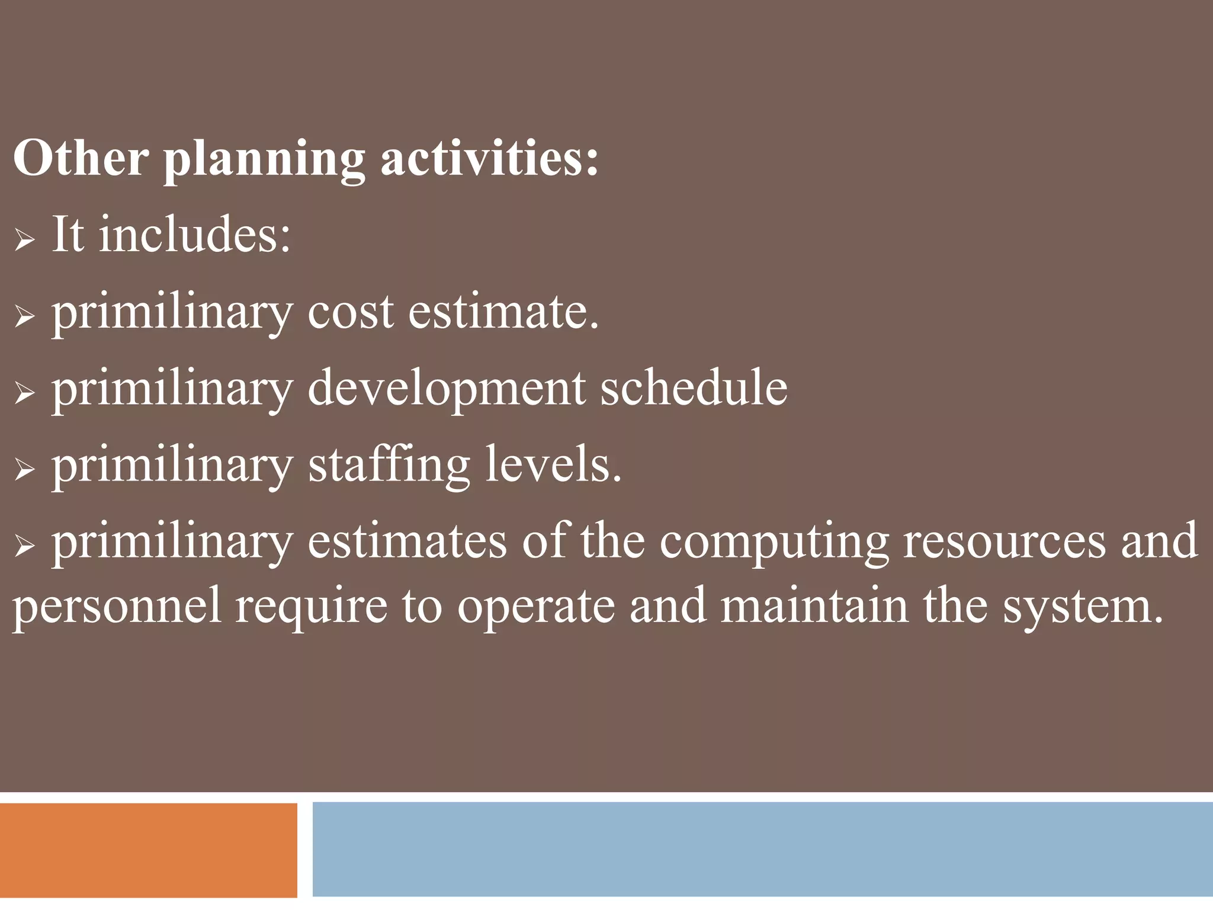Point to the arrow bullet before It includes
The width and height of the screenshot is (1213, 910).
pos(25,239)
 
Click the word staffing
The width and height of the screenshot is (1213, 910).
pos(389,466)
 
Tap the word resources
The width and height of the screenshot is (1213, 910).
pos(1005,541)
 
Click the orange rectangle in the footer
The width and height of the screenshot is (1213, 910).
pos(148,850)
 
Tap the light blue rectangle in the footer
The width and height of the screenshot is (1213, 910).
pos(762,848)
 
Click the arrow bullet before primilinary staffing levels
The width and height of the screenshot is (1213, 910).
pos(25,470)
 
